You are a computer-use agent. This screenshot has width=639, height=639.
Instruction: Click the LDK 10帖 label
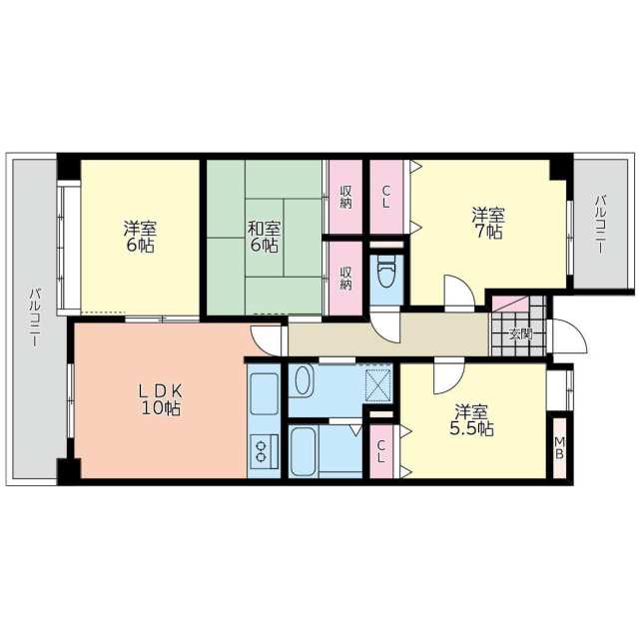[x=161, y=399]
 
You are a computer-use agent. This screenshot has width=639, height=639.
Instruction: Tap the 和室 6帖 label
[x=264, y=237]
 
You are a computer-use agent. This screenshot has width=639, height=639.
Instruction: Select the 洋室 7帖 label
[x=488, y=223]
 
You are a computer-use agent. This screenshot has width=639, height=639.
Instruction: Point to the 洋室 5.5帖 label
[x=471, y=420]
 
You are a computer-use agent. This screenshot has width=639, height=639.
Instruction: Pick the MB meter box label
[x=560, y=447]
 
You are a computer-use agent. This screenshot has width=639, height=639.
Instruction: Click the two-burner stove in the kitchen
[x=265, y=451]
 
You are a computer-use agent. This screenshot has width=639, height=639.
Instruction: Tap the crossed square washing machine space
[x=378, y=383]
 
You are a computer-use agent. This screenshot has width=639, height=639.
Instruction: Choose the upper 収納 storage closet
[x=345, y=197]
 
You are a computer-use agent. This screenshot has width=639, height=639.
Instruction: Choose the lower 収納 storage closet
[x=345, y=278]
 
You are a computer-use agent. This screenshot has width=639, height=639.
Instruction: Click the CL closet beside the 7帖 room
[x=386, y=197]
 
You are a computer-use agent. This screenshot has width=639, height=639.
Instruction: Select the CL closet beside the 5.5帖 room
[x=381, y=451]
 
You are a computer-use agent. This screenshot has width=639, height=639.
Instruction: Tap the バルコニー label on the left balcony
[x=35, y=318]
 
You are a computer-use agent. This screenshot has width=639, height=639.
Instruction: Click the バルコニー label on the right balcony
[x=600, y=225]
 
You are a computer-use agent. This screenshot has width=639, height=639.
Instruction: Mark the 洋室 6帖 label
[x=140, y=237]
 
